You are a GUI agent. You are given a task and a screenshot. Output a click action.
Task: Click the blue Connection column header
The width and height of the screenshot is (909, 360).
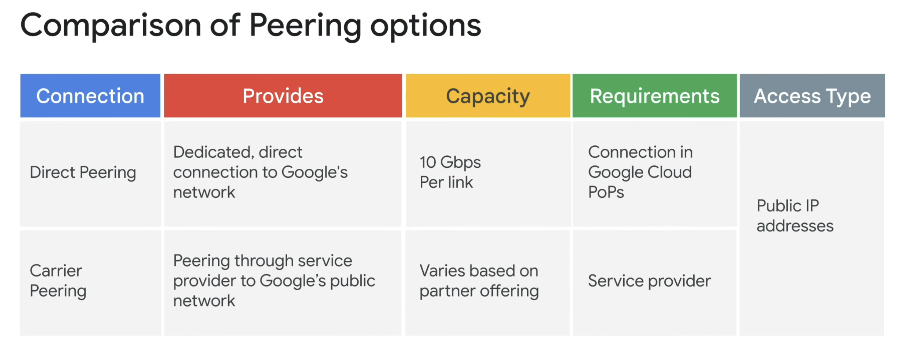coord(90,96)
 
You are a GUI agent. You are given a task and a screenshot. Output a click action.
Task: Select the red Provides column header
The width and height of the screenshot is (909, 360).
coord(283,96)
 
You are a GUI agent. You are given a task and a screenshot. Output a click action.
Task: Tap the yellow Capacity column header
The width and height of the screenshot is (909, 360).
coord(488,96)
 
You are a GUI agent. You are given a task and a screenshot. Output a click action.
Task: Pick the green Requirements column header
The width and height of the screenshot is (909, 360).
coord(655,96)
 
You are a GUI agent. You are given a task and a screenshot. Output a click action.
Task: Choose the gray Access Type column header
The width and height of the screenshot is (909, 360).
coord(812,96)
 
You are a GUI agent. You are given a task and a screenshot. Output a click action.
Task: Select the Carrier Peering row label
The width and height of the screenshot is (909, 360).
coord(58,281)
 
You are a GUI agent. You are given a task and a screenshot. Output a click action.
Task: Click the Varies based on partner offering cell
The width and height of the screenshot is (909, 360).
coord(479,281)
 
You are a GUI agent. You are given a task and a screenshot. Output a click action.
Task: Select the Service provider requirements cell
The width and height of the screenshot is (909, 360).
coord(649,281)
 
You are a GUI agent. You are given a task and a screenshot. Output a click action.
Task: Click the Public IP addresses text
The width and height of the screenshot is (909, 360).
coord(795,216)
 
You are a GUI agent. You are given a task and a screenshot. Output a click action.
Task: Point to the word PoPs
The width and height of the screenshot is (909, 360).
coord(606,192)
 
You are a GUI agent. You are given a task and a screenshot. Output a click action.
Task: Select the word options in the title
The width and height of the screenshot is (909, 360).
coord(426,26)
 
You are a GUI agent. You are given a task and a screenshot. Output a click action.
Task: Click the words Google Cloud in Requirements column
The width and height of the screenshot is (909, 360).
coord(640,172)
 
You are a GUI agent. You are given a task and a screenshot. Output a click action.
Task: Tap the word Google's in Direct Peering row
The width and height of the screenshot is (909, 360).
coord(314,172)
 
